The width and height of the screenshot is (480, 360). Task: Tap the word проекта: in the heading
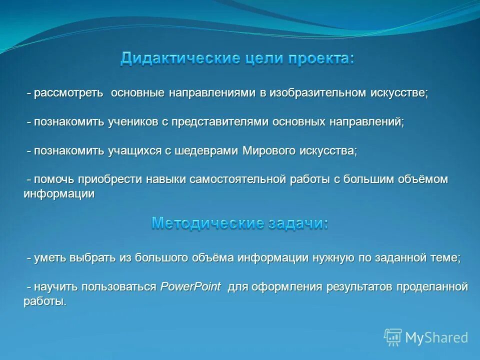[x=320, y=58]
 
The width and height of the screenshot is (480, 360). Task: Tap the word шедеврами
[x=207, y=151]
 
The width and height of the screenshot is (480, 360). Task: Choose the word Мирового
[x=269, y=151]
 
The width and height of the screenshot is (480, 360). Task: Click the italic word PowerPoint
[x=190, y=287]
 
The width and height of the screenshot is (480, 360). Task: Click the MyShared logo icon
[x=393, y=337]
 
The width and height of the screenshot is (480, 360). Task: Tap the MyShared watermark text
[x=436, y=338]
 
